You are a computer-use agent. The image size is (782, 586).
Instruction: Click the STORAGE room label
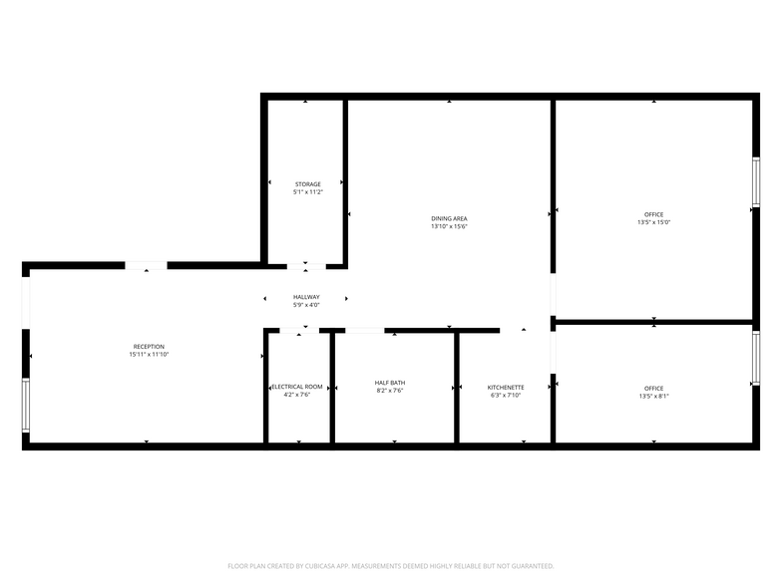coord(307,184)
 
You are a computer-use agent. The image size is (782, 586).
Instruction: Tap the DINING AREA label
coord(449,219)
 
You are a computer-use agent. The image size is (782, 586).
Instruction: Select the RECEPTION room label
coord(149,347)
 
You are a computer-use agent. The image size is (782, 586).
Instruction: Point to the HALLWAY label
coord(306,297)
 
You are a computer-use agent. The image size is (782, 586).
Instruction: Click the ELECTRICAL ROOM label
coord(297,387)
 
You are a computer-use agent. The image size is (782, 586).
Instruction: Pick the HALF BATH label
coord(390,383)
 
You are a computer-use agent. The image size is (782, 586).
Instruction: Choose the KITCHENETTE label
coord(506,387)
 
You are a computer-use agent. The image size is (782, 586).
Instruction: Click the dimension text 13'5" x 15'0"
coord(654,222)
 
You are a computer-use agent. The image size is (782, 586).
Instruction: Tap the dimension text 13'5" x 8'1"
coord(654,397)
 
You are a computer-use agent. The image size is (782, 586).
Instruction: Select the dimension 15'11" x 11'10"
coord(150,355)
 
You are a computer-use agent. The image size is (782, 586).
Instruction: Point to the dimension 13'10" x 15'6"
coord(449,226)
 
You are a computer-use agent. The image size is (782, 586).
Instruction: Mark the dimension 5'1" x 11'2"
coord(308,191)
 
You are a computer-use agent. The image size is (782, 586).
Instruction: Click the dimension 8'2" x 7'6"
coord(390,391)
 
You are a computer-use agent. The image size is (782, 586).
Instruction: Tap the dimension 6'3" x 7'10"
coord(506,395)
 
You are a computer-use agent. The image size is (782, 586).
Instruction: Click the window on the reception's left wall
coord(26,405)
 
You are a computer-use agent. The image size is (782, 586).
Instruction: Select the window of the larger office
coord(756,181)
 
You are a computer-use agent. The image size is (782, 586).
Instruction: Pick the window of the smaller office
coord(756,358)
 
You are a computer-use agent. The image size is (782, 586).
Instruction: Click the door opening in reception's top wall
coord(146,265)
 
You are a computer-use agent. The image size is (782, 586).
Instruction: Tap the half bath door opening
coord(365,331)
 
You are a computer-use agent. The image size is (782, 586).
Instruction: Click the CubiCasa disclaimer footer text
coord(391,566)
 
